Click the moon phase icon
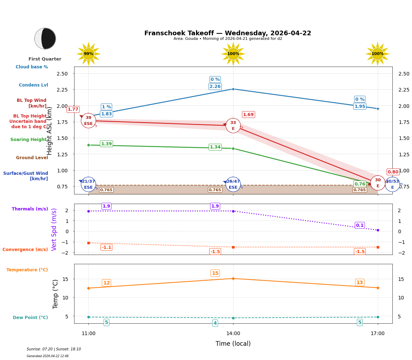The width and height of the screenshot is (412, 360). [45, 38]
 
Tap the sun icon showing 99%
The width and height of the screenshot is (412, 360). [88, 54]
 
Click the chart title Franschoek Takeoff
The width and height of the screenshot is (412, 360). [227, 33]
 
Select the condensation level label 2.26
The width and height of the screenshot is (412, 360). [215, 87]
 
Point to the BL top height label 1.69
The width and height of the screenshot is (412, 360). [248, 115]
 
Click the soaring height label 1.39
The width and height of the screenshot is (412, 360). [106, 144]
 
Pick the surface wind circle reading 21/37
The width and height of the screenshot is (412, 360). [88, 184]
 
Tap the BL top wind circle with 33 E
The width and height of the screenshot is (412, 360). [233, 125]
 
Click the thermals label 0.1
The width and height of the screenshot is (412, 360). [360, 225]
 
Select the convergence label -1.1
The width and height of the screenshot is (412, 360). [106, 247]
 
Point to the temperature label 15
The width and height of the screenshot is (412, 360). [215, 273]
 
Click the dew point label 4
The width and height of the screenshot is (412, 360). [215, 323]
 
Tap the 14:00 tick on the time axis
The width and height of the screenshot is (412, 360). [233, 334]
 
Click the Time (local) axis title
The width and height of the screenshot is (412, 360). [233, 344]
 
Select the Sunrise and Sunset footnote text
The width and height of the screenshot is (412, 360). [54, 349]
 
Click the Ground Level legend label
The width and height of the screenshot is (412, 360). [32, 158]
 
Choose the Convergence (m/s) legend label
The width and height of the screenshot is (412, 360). [25, 250]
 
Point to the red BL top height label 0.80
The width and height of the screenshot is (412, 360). [393, 172]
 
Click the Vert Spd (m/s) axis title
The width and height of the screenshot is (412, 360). [55, 229]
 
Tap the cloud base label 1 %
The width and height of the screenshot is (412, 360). [106, 107]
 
